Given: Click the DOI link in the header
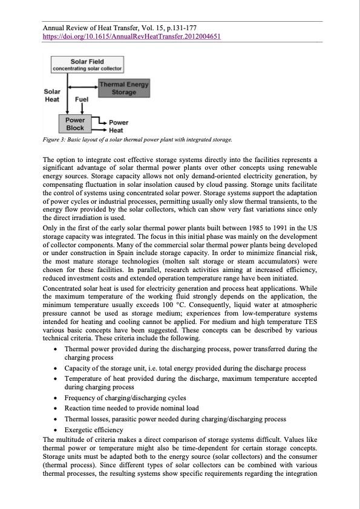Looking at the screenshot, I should point(130,36).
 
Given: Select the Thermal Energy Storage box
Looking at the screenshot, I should point(123,88).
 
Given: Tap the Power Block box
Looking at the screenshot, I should point(75,124).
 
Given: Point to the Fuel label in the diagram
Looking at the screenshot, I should point(82,98).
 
